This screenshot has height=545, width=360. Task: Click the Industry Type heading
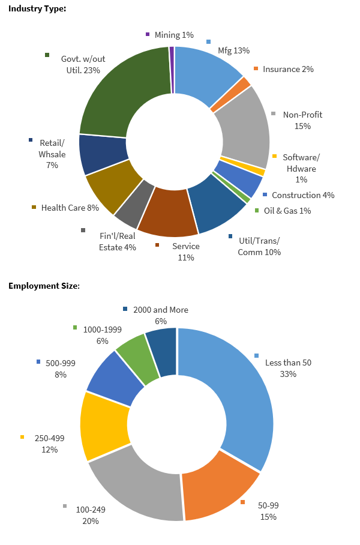[x=37, y=8]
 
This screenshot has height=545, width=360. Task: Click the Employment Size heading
[x=44, y=286]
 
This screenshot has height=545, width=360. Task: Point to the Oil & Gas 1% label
[x=296, y=211]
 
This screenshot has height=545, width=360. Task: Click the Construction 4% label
[x=303, y=195]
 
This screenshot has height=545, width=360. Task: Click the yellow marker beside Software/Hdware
[x=274, y=157]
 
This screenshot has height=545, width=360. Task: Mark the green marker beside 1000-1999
[x=75, y=328]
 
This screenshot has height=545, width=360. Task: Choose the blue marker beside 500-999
[x=39, y=362]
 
